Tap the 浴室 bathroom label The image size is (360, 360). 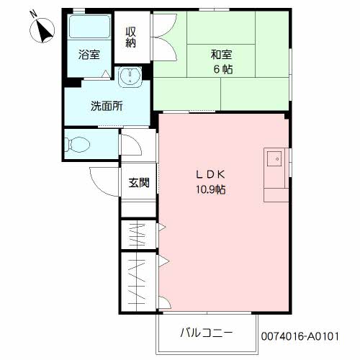point(89,54)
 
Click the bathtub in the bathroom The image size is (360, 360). point(89,30)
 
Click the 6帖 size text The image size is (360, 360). point(222,69)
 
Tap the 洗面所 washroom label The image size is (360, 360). point(106,106)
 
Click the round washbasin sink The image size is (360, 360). point(130,76)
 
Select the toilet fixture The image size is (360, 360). point(77,143)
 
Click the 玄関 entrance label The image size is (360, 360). point(139,183)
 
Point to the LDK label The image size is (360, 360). point(212,174)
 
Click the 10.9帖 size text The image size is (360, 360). point(212,190)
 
